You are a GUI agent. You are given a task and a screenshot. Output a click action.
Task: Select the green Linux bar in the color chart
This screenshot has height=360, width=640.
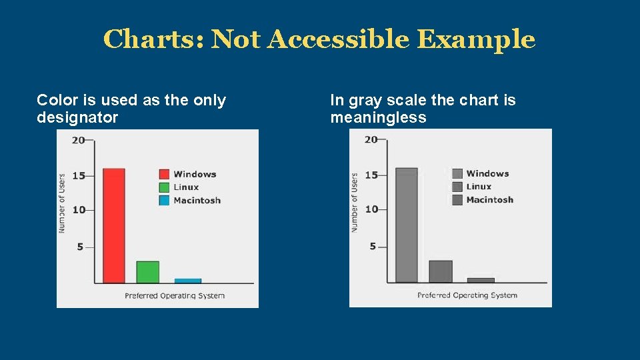pyautogui.click(x=147, y=272)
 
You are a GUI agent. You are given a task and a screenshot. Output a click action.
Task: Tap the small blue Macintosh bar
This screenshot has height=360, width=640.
pyautogui.click(x=187, y=281)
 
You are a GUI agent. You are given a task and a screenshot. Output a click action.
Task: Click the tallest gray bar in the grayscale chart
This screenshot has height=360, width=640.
pyautogui.click(x=407, y=225)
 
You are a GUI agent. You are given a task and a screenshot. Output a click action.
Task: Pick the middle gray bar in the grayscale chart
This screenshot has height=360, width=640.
pyautogui.click(x=440, y=271)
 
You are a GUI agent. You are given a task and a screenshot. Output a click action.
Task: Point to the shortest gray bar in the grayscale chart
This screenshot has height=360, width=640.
pyautogui.click(x=481, y=280)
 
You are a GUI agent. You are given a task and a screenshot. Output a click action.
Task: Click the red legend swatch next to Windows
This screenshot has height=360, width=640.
pyautogui.click(x=164, y=174)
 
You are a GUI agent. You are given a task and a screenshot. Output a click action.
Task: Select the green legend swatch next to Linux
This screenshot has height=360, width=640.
pyautogui.click(x=164, y=187)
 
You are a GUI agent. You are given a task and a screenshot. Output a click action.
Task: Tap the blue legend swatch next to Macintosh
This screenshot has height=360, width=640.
pyautogui.click(x=164, y=200)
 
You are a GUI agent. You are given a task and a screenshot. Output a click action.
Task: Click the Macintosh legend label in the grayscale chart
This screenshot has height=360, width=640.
pyautogui.click(x=489, y=199)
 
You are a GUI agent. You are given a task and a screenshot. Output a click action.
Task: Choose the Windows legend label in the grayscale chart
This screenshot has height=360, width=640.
pyautogui.click(x=487, y=173)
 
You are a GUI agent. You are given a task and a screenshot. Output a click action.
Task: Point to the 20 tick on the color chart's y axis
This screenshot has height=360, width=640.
pyautogui.click(x=78, y=140)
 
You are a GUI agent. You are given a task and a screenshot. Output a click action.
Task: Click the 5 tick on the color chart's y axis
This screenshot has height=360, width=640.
pyautogui.click(x=80, y=247)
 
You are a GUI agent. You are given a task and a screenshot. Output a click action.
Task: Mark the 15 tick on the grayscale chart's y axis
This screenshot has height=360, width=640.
pyautogui.click(x=371, y=175)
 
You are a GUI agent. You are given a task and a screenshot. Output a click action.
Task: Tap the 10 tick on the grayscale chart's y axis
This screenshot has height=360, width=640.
pyautogui.click(x=371, y=209)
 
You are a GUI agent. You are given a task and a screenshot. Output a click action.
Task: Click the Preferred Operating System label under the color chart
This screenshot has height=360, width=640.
pyautogui.click(x=175, y=295)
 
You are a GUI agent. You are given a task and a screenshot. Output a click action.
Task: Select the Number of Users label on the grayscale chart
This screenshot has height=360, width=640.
pyautogui.click(x=354, y=202)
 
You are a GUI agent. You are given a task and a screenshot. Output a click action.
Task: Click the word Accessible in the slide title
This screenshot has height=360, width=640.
pyautogui.click(x=339, y=39)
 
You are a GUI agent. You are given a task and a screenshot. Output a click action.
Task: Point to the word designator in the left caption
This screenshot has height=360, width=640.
pyautogui.click(x=77, y=118)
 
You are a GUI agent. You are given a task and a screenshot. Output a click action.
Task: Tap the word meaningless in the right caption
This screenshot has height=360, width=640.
pyautogui.click(x=378, y=118)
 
